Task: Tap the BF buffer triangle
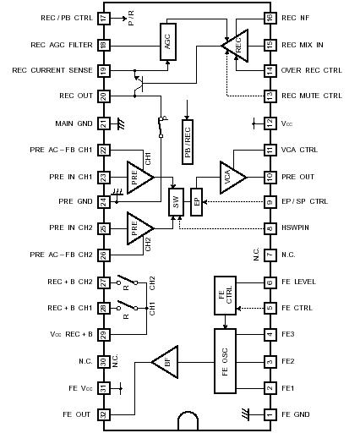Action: (164, 362)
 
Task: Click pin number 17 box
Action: (104, 18)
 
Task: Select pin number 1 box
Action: (270, 414)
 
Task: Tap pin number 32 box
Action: (104, 414)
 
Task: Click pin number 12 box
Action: (270, 123)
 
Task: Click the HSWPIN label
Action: (298, 229)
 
